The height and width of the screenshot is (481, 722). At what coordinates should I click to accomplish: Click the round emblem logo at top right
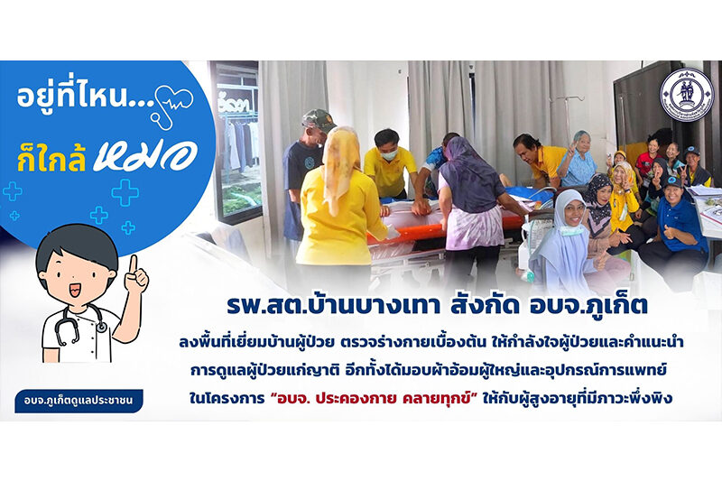[686, 95]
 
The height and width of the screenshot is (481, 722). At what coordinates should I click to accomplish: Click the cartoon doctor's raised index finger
[133, 264]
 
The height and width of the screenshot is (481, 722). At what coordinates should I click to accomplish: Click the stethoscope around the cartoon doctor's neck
[79, 322]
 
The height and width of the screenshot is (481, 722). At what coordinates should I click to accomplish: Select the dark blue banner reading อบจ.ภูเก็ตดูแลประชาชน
[79, 401]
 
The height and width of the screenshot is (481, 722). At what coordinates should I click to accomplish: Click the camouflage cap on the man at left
[319, 120]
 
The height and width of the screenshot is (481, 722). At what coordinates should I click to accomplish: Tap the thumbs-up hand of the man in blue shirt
[669, 232]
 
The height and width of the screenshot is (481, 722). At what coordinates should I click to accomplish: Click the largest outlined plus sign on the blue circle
[125, 192]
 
